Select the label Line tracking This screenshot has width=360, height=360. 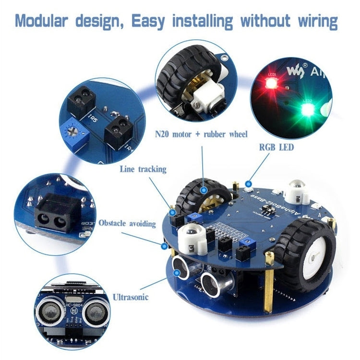click(x=143, y=169)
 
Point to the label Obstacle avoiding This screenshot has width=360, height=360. click(x=127, y=223)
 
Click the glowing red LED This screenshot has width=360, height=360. click(x=272, y=84)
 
